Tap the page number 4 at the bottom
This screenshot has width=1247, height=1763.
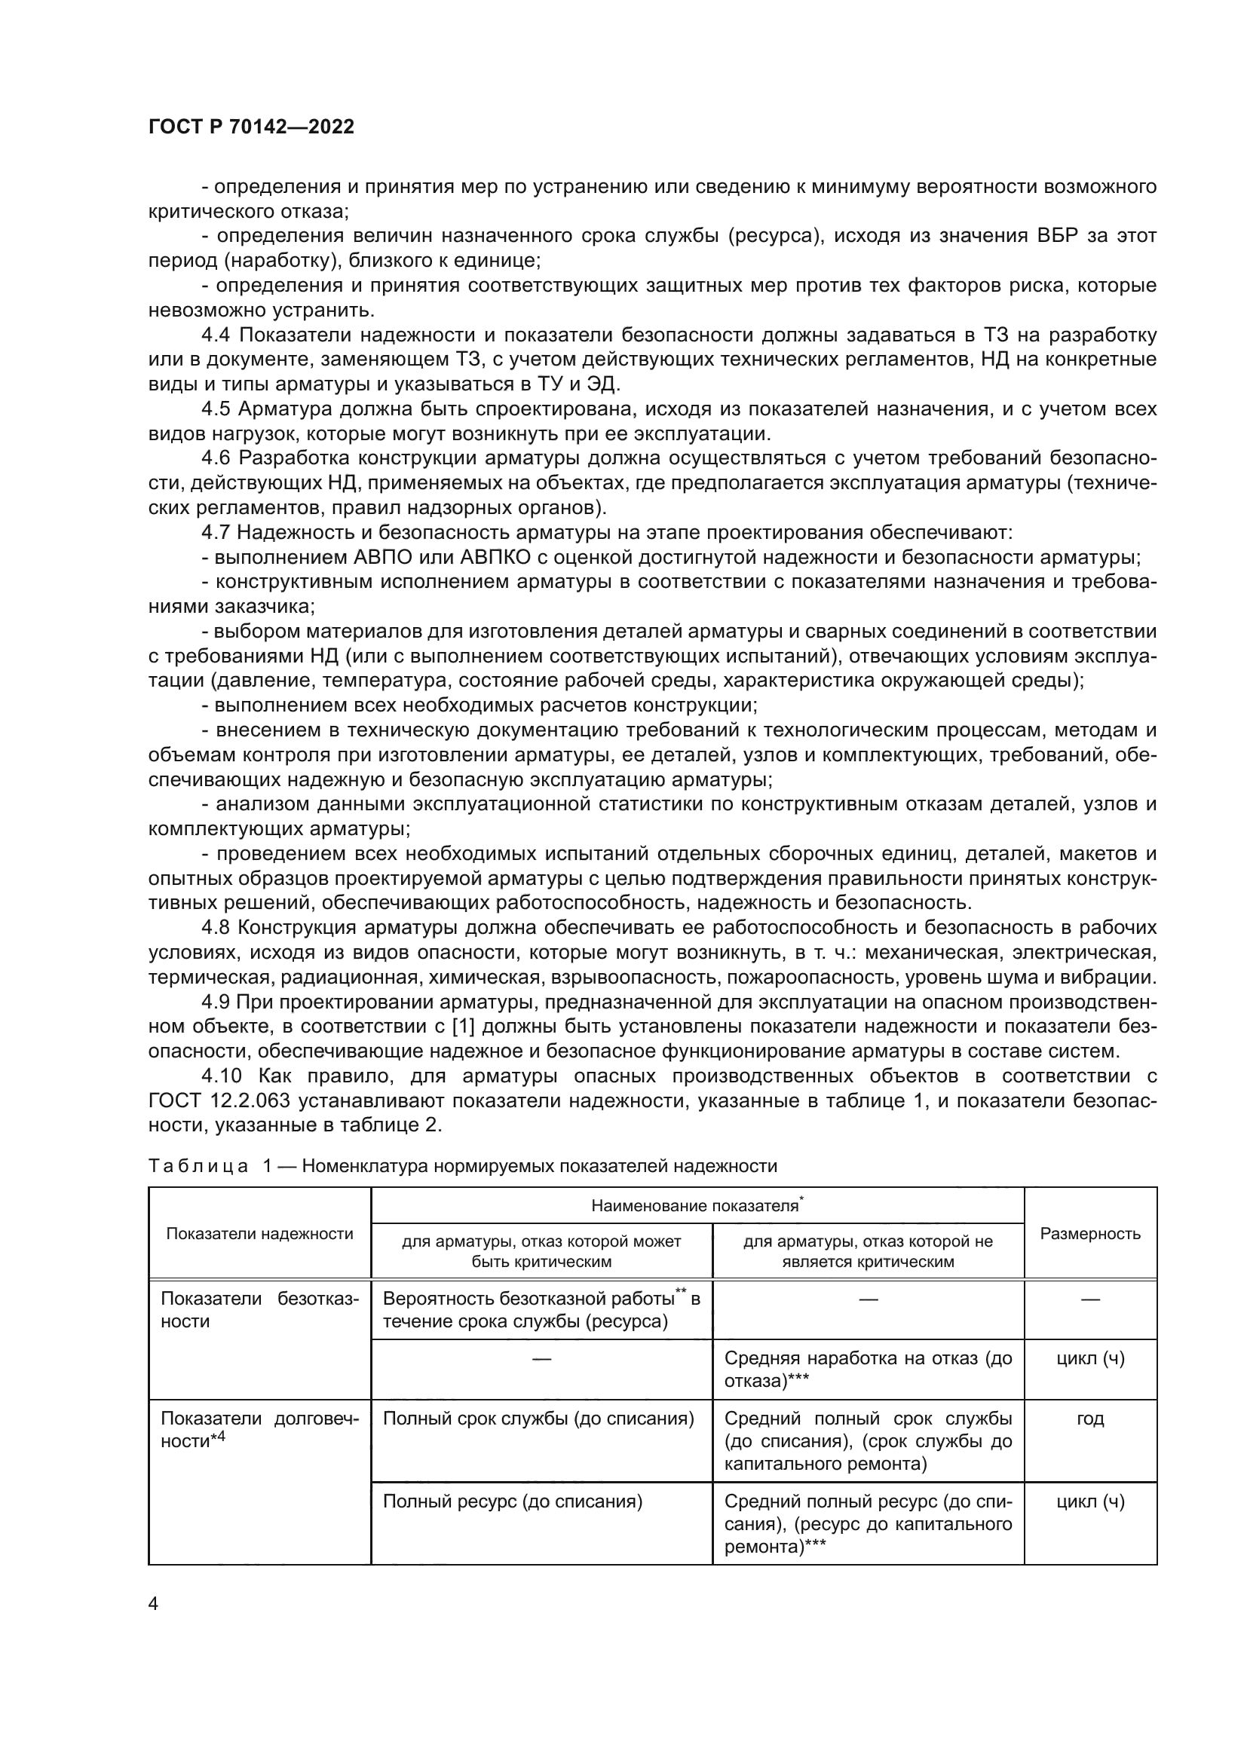(153, 1603)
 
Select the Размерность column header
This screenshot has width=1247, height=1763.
(1089, 1234)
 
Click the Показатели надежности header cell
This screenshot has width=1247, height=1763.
(259, 1234)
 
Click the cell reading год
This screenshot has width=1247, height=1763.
(1089, 1419)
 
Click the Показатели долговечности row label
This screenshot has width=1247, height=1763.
(259, 1430)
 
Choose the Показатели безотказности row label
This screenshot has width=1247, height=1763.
(259, 1310)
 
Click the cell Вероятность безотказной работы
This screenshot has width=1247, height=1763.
(541, 1310)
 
